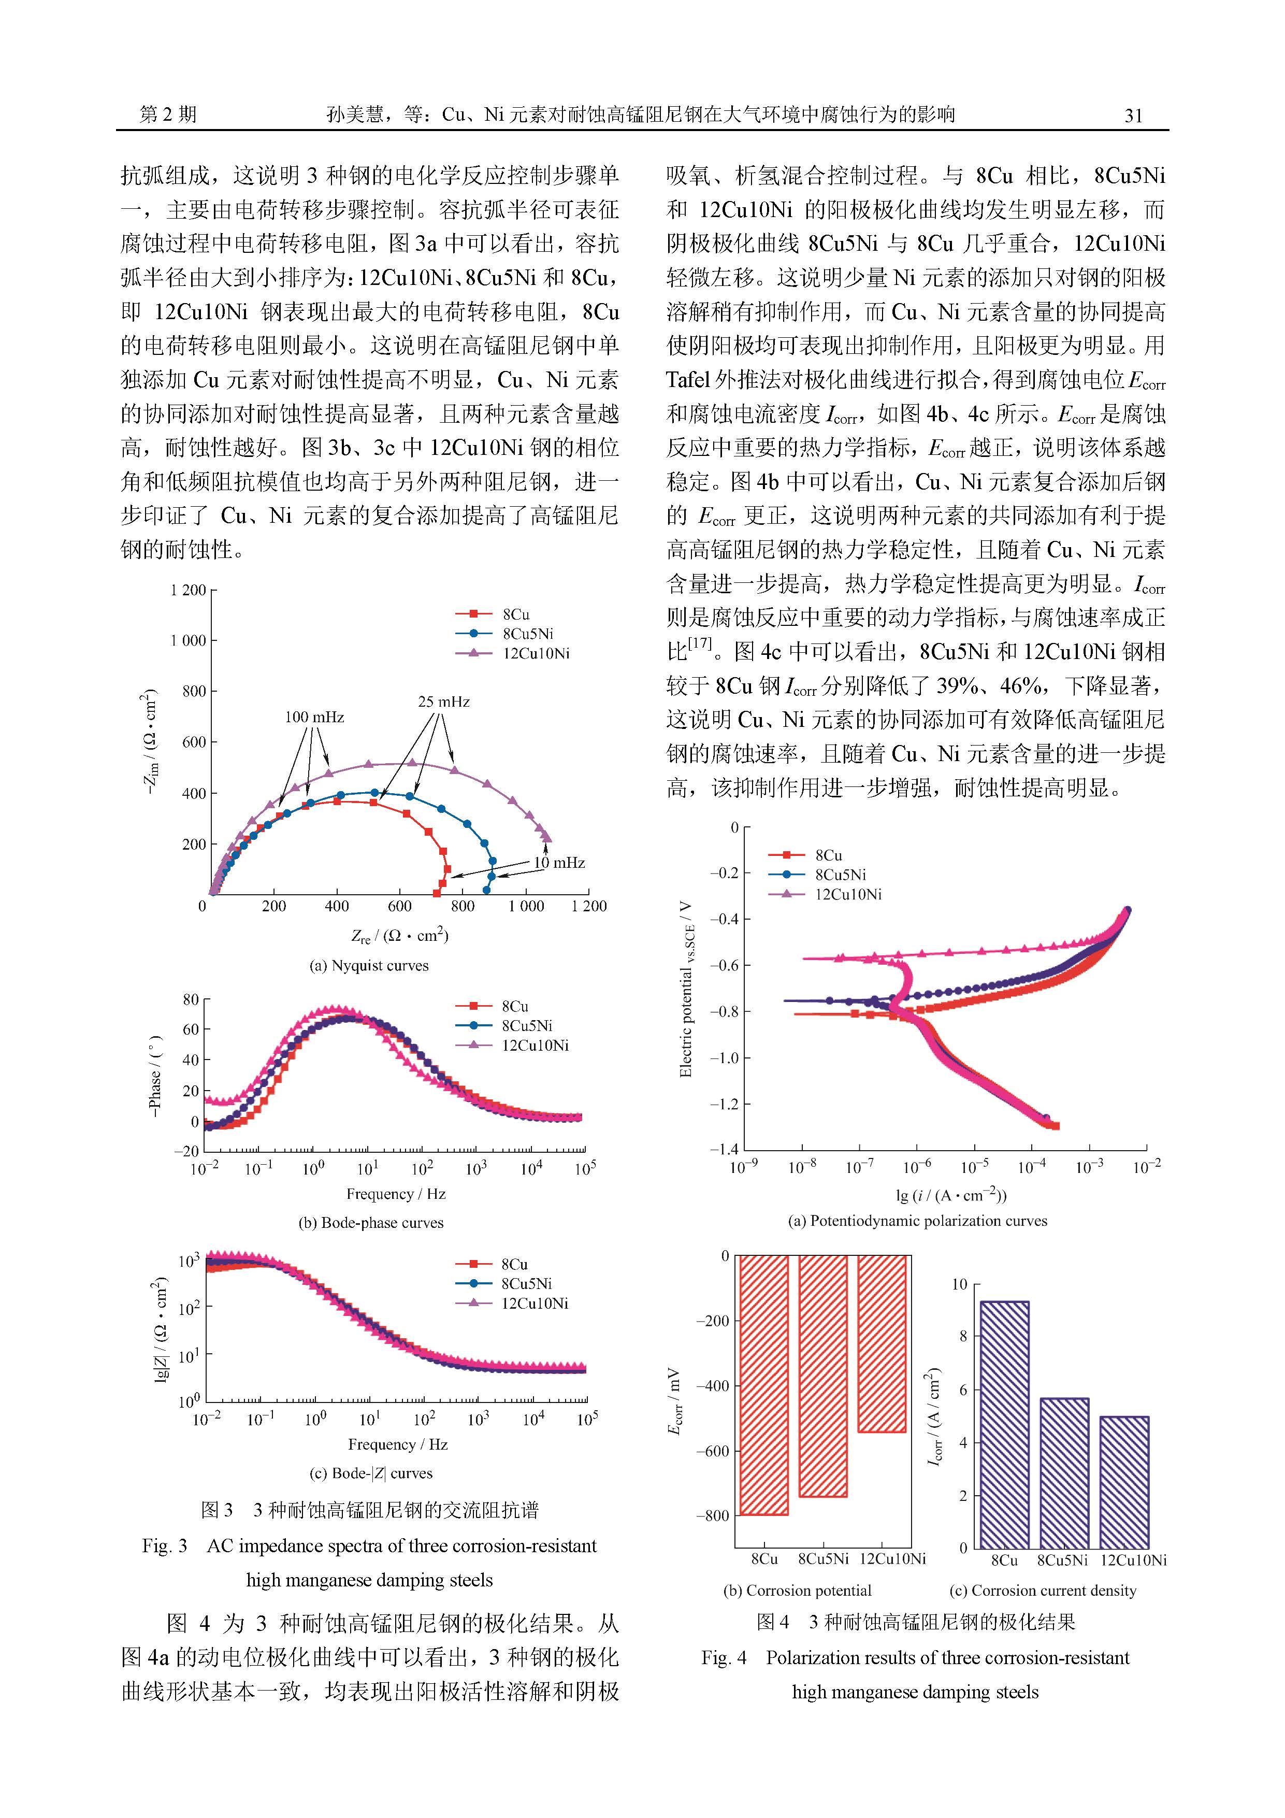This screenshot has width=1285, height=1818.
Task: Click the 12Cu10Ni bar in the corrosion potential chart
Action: click(882, 1344)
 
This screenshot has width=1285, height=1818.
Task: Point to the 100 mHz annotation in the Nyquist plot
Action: click(314, 718)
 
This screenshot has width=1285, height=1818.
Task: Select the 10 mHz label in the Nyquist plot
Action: click(559, 862)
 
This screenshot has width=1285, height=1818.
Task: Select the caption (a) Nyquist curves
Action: click(369, 965)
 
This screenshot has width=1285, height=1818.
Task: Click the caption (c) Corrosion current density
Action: click(1043, 1590)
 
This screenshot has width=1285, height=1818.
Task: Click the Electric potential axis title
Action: click(686, 989)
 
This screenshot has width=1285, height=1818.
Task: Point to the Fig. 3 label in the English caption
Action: click(165, 1545)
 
